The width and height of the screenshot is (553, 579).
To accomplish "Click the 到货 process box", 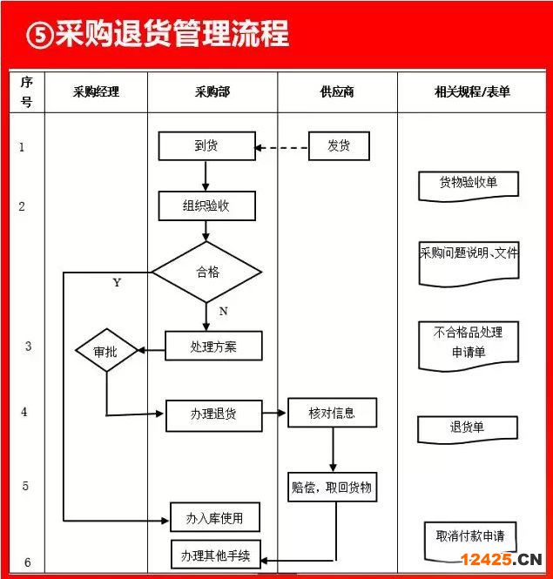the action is click(x=207, y=146).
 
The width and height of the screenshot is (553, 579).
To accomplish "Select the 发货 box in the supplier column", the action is click(x=339, y=146).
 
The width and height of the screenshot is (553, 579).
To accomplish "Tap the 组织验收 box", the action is click(x=207, y=205).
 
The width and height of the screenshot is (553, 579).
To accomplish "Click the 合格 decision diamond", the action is click(x=207, y=273).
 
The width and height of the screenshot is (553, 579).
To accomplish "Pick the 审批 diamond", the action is click(x=106, y=350).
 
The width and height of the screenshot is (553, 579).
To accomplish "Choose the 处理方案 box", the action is click(x=213, y=346).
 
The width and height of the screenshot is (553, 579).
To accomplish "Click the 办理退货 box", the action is click(x=214, y=415).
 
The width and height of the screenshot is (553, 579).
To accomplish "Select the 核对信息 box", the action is click(x=332, y=413).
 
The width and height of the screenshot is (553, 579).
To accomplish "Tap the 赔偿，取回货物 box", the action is click(x=332, y=487).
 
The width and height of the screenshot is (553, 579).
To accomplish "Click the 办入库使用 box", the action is click(x=214, y=517).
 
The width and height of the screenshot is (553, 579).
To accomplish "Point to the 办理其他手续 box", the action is click(x=216, y=555).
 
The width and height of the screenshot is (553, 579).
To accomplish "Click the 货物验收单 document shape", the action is click(x=469, y=186).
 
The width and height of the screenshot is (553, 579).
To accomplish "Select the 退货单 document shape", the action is click(x=468, y=429).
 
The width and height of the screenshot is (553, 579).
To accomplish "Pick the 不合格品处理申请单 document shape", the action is click(x=469, y=346).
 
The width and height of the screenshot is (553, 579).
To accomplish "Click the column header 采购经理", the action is click(x=96, y=91).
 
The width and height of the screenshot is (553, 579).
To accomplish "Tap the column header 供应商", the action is click(x=337, y=91).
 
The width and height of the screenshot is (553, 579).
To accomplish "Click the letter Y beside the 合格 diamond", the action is click(x=117, y=282).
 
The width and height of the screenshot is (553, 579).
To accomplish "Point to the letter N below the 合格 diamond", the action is click(x=223, y=312).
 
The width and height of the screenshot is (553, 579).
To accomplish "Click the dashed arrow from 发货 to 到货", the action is click(x=282, y=148).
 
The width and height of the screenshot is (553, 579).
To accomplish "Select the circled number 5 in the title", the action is click(x=40, y=35).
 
